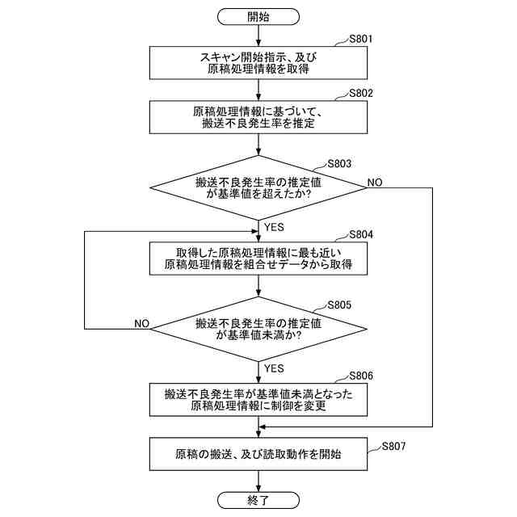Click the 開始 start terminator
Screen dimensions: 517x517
pyautogui.click(x=258, y=16)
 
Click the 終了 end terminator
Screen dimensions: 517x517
pyautogui.click(x=258, y=500)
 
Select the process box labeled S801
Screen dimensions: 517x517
pyautogui.click(x=258, y=63)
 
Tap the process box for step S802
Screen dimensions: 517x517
pyautogui.click(x=258, y=118)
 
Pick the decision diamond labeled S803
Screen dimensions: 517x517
pyautogui.click(x=258, y=189)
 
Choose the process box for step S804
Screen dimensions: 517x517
pyautogui.click(x=258, y=258)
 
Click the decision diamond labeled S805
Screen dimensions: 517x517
pyautogui.click(x=258, y=329)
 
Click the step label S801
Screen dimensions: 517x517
pyautogui.click(x=360, y=38)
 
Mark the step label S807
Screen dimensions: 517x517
pyautogui.click(x=393, y=446)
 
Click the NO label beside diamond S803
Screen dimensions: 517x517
pyautogui.click(x=375, y=183)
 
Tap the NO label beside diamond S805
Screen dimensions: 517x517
pyautogui.click(x=141, y=323)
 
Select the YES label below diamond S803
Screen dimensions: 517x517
pyautogui.click(x=274, y=227)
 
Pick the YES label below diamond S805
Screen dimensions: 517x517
pyautogui.click(x=274, y=368)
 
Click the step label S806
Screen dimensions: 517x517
pyautogui.click(x=360, y=376)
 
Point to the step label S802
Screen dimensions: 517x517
pyautogui.click(x=360, y=93)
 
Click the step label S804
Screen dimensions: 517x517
pyautogui.click(x=360, y=234)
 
